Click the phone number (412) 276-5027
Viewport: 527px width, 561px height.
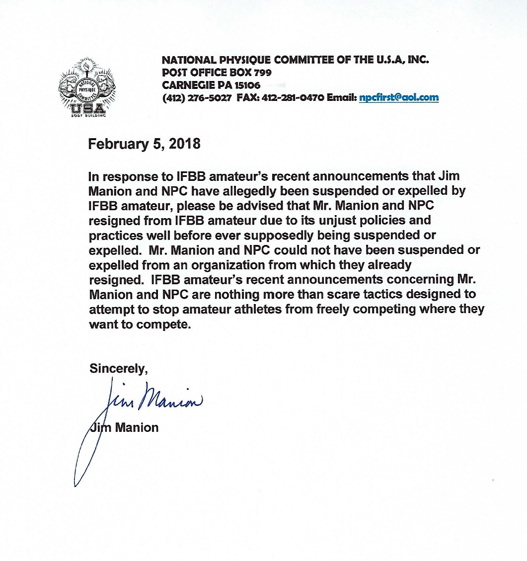point(197,97)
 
